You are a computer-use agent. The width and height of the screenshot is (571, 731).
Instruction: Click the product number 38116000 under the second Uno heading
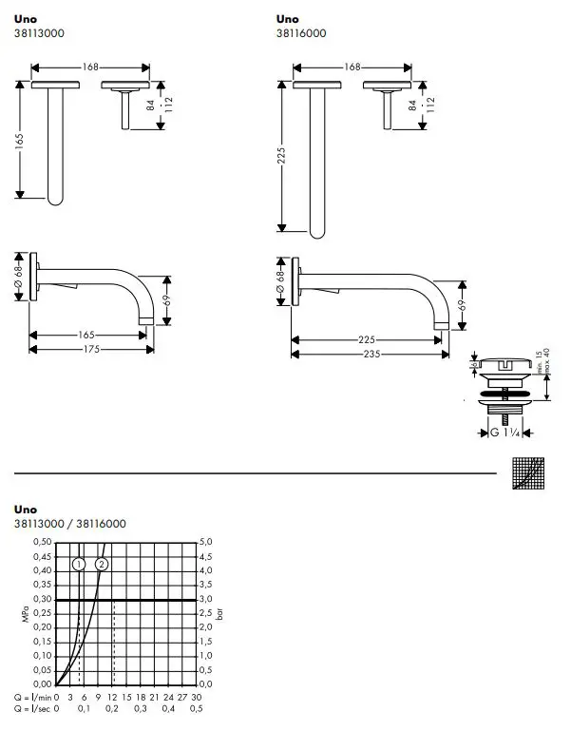click(x=302, y=33)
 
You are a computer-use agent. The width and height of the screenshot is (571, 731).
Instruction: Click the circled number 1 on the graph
click(x=79, y=564)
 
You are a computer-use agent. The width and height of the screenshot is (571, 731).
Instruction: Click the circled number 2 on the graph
click(x=103, y=564)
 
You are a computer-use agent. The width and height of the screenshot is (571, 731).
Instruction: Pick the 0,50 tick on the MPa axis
click(x=43, y=542)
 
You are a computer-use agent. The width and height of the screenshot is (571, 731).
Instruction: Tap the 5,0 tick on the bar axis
click(x=207, y=542)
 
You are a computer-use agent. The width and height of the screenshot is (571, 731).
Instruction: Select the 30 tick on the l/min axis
click(x=197, y=696)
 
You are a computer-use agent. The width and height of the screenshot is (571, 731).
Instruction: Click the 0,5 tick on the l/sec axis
click(x=197, y=708)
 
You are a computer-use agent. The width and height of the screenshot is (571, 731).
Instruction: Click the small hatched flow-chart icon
click(x=528, y=471)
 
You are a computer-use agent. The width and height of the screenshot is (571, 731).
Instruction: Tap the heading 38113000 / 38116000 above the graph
click(x=70, y=524)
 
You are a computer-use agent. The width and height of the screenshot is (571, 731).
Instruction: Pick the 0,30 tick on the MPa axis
click(x=43, y=599)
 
